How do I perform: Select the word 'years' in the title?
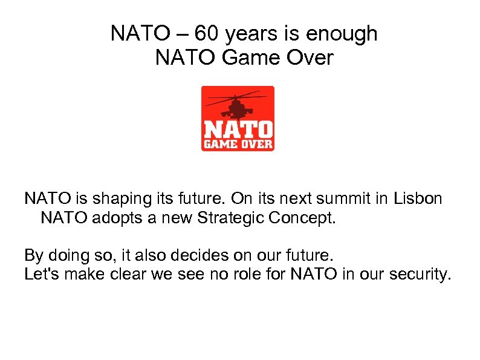pos(247,34)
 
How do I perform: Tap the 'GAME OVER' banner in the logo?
pos(238,144)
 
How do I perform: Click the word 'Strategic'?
pos(232,218)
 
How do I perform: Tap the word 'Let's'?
pos(41,275)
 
